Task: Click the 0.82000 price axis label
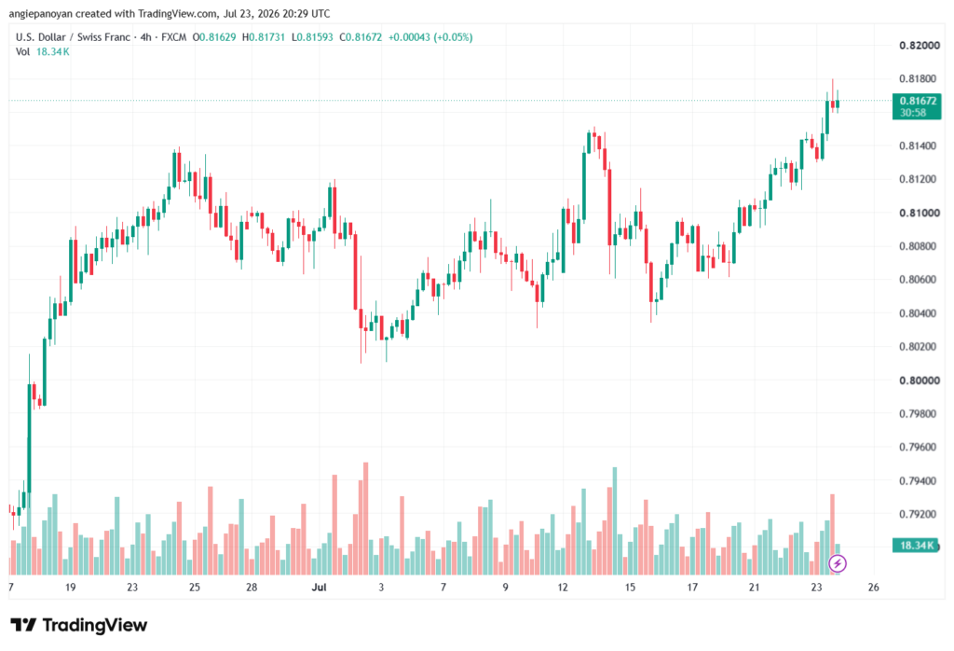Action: (x=920, y=46)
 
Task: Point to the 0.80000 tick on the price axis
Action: (x=920, y=381)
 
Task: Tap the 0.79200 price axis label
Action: (x=920, y=515)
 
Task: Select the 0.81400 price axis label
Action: (x=920, y=146)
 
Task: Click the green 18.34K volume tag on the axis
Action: (x=917, y=545)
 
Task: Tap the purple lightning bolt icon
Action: (x=838, y=563)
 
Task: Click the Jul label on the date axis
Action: (x=319, y=587)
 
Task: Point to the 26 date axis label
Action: (x=873, y=587)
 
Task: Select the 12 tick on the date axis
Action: (x=563, y=587)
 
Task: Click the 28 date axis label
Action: (x=252, y=587)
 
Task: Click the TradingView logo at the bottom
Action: (x=79, y=626)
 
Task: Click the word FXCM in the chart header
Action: (x=174, y=37)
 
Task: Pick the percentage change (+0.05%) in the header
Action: (x=452, y=37)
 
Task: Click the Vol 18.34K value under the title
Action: (x=52, y=52)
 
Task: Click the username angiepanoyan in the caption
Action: (x=41, y=13)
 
